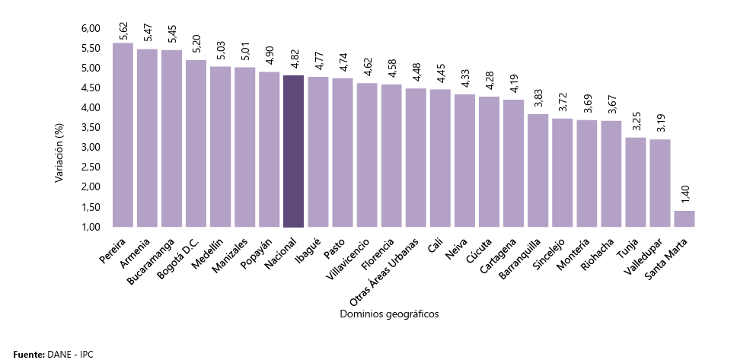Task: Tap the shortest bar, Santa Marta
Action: [684, 218]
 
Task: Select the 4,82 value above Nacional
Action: [294, 61]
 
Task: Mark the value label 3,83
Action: [538, 100]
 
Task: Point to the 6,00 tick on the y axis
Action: [90, 28]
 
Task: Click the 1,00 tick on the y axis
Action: [90, 227]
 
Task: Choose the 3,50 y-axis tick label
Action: [90, 127]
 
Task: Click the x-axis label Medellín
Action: [208, 249]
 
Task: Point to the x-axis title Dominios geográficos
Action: [391, 314]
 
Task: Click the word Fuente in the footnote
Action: [28, 354]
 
